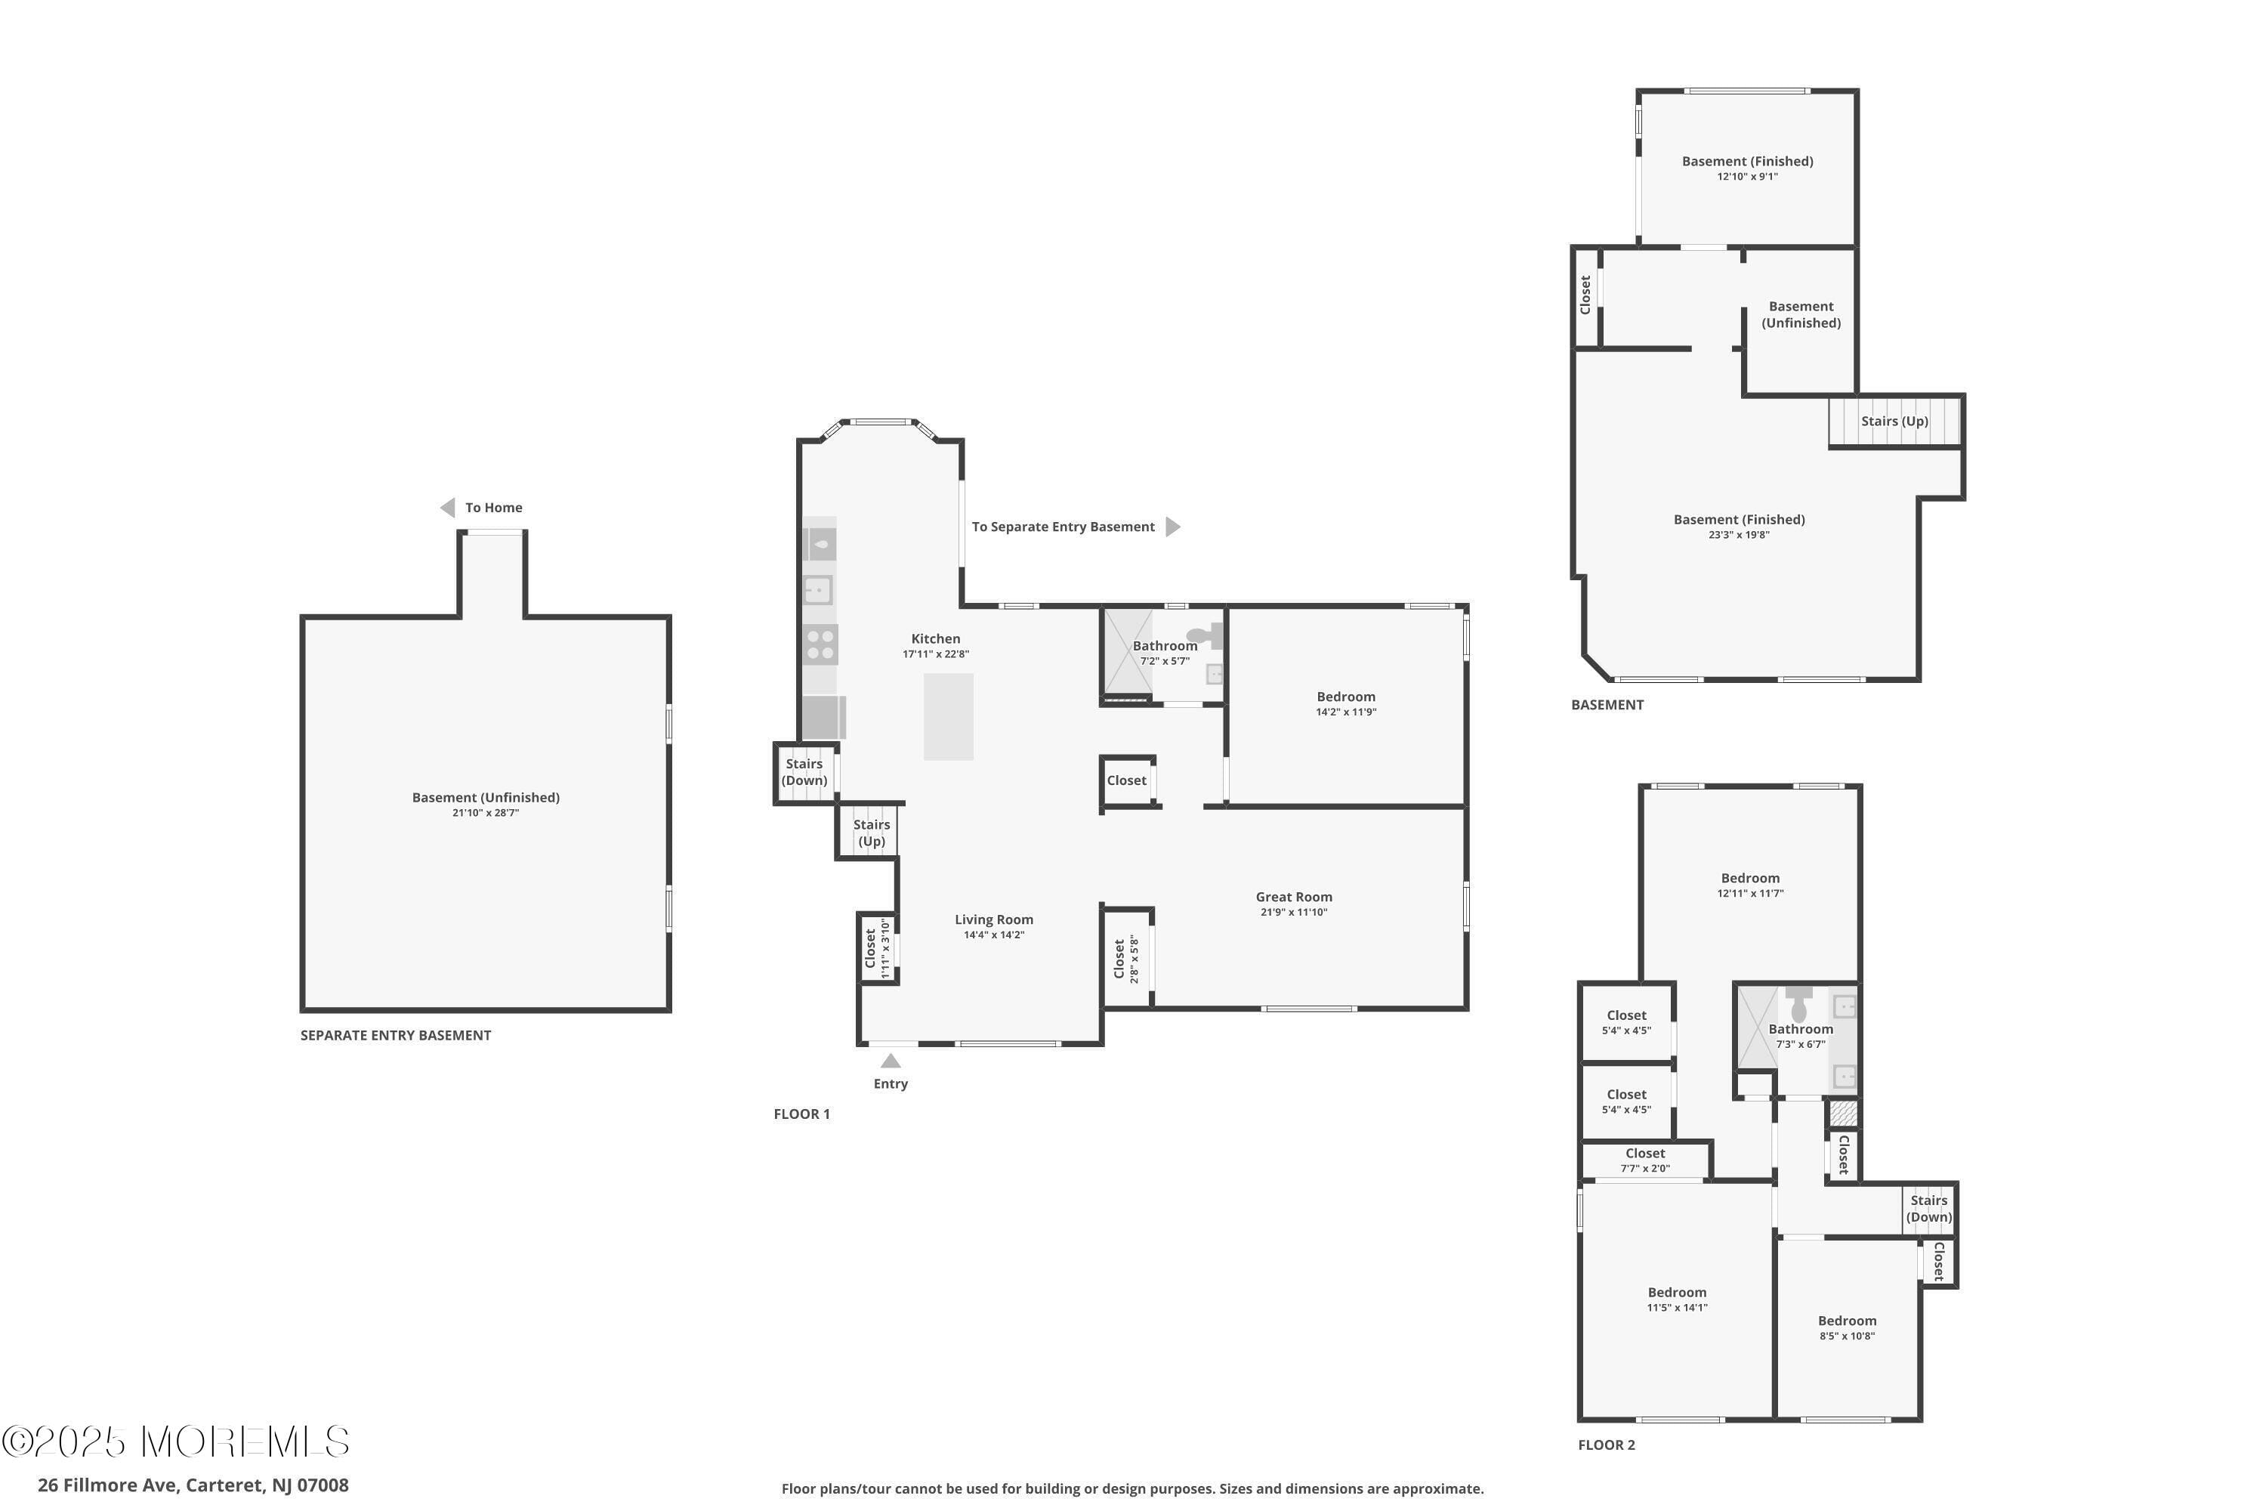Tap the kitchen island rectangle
pos(948,716)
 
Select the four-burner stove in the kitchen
pos(820,644)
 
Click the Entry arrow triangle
pos(891,1061)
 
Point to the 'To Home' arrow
pos(448,508)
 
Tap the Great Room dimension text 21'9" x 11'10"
pos(1293,912)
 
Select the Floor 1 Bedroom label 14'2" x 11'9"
pos(1345,703)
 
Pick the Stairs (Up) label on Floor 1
pos(871,833)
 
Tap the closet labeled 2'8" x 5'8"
pos(1125,959)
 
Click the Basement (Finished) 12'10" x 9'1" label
pos(1746,168)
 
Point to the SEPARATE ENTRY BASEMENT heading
pos(395,1035)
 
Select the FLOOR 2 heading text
pos(1606,1445)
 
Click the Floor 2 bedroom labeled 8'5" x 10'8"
pos(1846,1327)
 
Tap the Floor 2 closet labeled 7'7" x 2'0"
pos(1644,1159)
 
